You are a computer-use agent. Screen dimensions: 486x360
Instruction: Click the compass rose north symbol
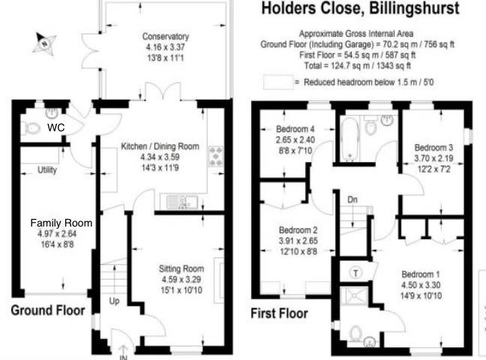point(45,43)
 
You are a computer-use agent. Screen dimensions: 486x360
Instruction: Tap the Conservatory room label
point(166,37)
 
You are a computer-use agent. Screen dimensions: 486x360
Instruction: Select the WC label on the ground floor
point(56,127)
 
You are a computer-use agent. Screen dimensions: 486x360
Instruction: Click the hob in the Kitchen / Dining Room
point(216,156)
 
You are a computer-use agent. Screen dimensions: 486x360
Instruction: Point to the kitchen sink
point(182,202)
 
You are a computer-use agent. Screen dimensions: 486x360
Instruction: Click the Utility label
point(47,170)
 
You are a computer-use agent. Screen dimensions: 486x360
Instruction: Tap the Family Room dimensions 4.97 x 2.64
point(57,234)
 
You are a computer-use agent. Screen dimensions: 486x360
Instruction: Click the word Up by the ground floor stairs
point(114,301)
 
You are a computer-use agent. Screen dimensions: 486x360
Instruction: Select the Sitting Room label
point(181,268)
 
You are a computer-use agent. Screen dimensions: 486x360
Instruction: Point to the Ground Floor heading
point(48,310)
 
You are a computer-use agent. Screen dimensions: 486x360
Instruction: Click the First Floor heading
point(279,313)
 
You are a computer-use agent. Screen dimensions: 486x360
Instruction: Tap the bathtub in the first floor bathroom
point(349,138)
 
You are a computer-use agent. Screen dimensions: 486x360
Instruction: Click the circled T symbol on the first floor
point(355,273)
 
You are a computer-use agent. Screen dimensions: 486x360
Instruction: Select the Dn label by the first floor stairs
point(352,199)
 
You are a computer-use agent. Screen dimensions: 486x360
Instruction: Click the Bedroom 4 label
point(295,129)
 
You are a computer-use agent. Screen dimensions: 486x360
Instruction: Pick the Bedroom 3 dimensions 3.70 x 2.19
point(433,158)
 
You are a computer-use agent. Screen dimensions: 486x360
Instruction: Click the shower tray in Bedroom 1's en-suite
point(354,296)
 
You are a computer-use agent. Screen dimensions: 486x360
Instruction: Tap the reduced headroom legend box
point(278,82)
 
